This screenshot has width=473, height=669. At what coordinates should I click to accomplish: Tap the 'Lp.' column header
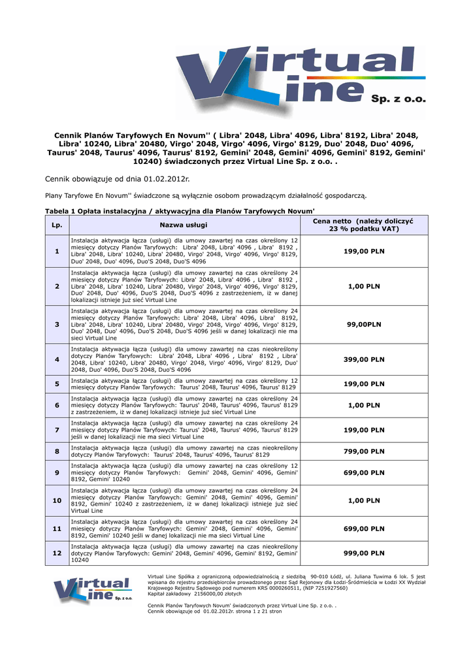(57, 225)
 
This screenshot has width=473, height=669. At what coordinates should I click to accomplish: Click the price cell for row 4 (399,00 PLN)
(364, 359)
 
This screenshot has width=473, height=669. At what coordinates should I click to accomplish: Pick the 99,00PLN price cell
(364, 324)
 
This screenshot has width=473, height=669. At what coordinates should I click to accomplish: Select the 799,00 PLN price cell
(364, 451)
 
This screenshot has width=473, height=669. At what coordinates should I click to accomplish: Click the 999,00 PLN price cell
(364, 553)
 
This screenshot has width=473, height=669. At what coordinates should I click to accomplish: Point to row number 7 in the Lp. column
(57, 430)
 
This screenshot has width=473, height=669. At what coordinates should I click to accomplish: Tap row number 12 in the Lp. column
(57, 553)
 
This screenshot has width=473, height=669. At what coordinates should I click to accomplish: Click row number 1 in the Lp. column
(57, 251)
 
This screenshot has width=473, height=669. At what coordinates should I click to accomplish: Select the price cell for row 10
(364, 500)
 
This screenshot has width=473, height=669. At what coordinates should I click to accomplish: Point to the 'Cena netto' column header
(364, 225)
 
